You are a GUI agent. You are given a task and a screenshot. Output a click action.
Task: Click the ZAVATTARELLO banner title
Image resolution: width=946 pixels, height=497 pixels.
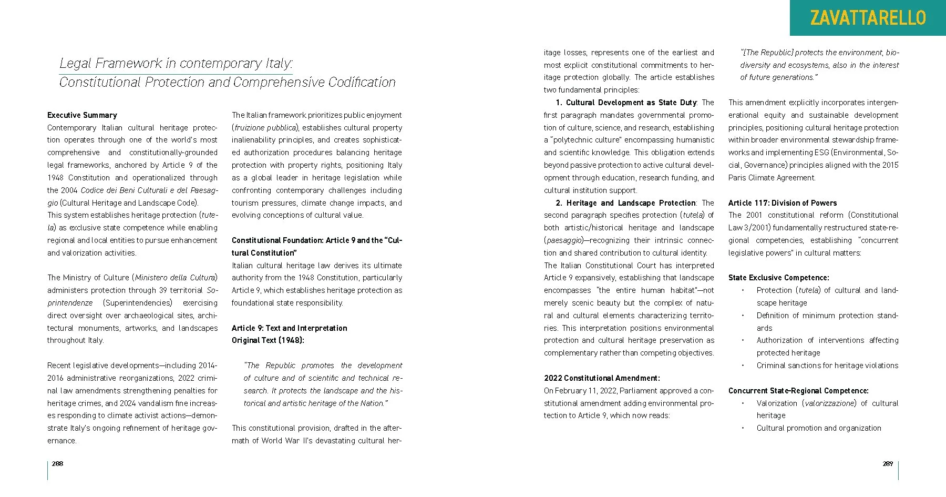[x=868, y=18]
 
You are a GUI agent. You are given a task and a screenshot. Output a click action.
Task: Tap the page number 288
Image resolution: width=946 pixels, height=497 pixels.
[x=57, y=463]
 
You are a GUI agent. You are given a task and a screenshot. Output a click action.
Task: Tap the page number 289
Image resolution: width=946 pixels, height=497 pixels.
[x=888, y=463]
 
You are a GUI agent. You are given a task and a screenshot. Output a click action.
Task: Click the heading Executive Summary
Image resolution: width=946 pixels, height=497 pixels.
[x=82, y=115]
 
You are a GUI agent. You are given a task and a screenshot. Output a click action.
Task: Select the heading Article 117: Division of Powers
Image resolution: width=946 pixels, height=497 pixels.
[x=782, y=203]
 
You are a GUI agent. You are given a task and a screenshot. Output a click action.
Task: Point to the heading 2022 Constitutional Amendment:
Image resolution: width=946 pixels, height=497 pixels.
[x=602, y=378]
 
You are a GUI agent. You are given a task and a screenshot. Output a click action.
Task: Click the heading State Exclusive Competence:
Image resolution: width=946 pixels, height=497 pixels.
[x=778, y=278]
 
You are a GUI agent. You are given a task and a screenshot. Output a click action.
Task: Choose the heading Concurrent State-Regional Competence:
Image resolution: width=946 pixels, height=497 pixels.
[x=798, y=391]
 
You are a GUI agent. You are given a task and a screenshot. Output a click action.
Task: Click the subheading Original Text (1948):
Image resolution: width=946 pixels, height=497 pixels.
[x=268, y=340]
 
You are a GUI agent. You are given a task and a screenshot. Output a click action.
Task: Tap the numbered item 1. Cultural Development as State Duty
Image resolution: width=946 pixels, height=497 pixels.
[x=626, y=103]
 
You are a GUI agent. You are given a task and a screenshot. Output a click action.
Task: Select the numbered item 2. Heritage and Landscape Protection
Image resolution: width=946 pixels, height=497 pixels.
[x=626, y=203]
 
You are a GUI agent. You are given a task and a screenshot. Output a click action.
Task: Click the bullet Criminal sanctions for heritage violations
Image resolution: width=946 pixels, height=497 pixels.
[x=827, y=366]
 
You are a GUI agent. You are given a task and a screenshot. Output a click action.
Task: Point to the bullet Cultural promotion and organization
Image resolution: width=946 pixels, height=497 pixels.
[x=818, y=428]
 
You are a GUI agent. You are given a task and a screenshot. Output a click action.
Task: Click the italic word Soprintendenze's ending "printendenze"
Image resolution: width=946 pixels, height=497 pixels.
[x=70, y=303]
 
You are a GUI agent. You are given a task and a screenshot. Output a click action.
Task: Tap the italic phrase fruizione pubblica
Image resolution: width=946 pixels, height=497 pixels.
[x=265, y=128]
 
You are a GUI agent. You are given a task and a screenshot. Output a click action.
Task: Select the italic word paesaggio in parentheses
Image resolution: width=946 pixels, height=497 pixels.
[x=563, y=240]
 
